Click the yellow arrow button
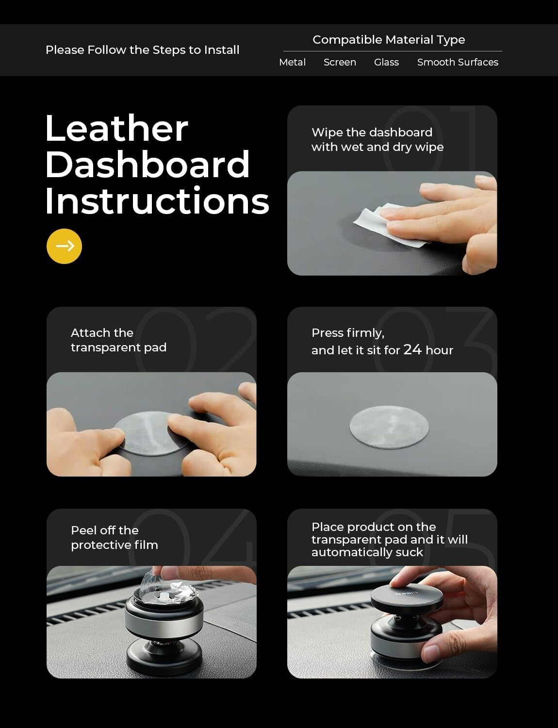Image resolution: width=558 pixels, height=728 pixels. (x=64, y=246)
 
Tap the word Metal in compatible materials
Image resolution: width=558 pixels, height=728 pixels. (x=292, y=62)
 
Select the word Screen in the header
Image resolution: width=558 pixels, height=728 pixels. (x=340, y=62)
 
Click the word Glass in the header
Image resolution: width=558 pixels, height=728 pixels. (x=386, y=62)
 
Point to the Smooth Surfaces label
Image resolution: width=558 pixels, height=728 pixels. (x=458, y=62)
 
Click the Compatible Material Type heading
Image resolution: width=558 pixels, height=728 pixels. (x=389, y=40)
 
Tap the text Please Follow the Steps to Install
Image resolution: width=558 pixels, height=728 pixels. (x=142, y=50)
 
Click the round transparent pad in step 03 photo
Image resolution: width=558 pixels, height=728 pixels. (x=389, y=426)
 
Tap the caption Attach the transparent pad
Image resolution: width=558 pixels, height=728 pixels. (x=118, y=340)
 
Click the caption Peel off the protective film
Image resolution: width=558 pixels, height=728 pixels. (x=114, y=537)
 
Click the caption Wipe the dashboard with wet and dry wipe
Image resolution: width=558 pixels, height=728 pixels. (x=377, y=140)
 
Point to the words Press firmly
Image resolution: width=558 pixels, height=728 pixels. (x=347, y=333)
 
